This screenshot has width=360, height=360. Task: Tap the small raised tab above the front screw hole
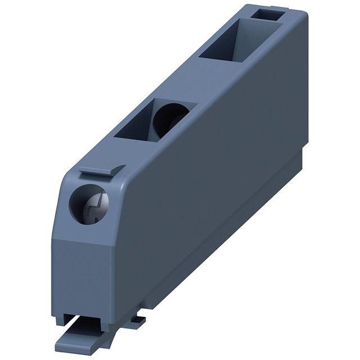click(101, 170)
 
